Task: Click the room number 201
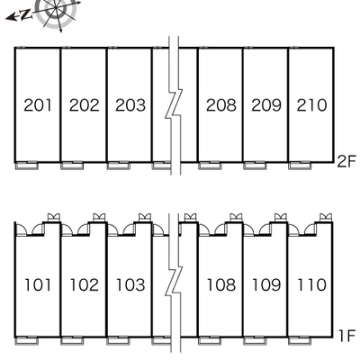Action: coord(38,105)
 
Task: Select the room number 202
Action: coord(84,105)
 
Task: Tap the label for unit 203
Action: coord(130,105)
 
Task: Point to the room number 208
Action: coord(221,105)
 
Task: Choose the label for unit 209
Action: coord(266,105)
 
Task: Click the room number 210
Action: coord(311,105)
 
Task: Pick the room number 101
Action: coord(38,285)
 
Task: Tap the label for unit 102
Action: coord(85,285)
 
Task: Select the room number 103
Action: coord(130,285)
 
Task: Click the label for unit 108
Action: coord(221,285)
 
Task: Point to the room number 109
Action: coord(266,285)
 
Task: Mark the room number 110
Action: coord(311,285)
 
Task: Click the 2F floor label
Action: coord(346,162)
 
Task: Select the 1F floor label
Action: coord(347,336)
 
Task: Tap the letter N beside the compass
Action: coord(26,14)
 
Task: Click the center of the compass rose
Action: coord(57,10)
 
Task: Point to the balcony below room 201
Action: coord(27,166)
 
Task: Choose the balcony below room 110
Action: coord(300,340)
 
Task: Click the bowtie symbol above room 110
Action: coord(326,217)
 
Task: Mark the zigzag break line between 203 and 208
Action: coord(174,105)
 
